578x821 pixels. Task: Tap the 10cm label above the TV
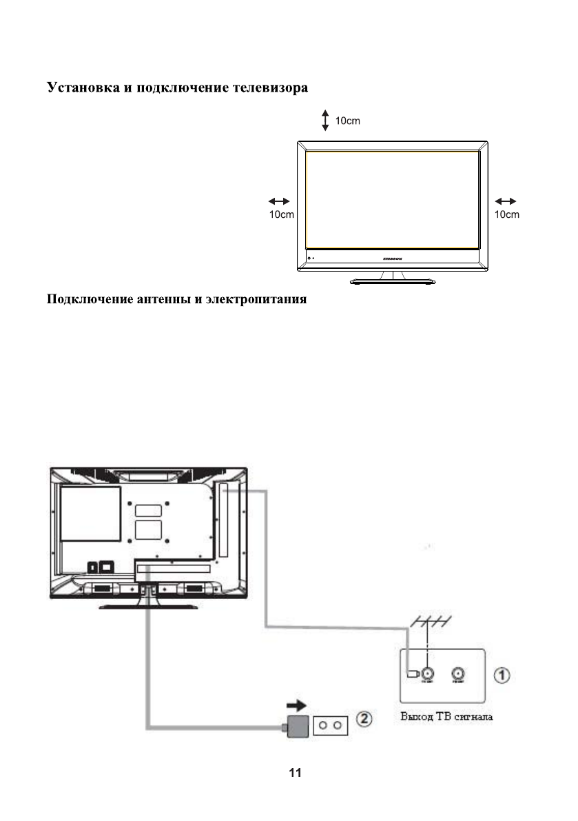347,121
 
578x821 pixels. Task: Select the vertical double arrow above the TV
325,121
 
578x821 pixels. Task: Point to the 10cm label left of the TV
281,214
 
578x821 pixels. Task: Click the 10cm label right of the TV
506,214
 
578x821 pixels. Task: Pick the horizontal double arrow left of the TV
279,201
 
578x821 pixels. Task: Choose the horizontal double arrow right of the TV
506,201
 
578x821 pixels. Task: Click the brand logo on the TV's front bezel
392,259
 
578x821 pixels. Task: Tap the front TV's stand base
392,281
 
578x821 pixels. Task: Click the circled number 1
504,674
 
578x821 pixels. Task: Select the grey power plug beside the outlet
298,725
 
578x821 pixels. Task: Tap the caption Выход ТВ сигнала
446,717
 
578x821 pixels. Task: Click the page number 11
295,773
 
